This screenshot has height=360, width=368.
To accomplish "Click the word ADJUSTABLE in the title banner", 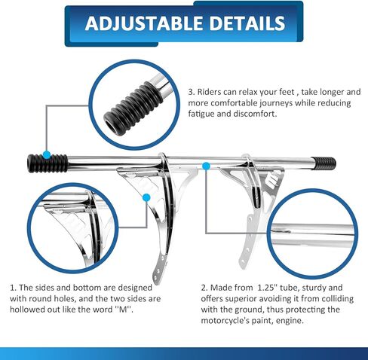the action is (x=144, y=23).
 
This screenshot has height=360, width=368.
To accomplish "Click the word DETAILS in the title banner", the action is (x=247, y=23).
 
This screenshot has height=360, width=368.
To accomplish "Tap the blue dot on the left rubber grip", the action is (x=47, y=155).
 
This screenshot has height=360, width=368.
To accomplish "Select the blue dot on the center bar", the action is (x=206, y=166).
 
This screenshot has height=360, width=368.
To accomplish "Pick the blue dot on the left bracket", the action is (x=146, y=198).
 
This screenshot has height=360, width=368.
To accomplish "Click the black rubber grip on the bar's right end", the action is (x=324, y=163).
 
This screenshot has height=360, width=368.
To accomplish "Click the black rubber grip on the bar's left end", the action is (x=48, y=163).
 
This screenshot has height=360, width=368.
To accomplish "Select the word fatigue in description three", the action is (x=201, y=114).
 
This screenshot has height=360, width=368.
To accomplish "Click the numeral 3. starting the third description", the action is (x=192, y=92).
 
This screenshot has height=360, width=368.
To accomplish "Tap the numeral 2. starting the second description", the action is (x=204, y=288).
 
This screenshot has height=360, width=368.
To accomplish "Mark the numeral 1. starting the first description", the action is (x=13, y=288).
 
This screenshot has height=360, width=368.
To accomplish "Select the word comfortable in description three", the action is (x=233, y=103).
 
